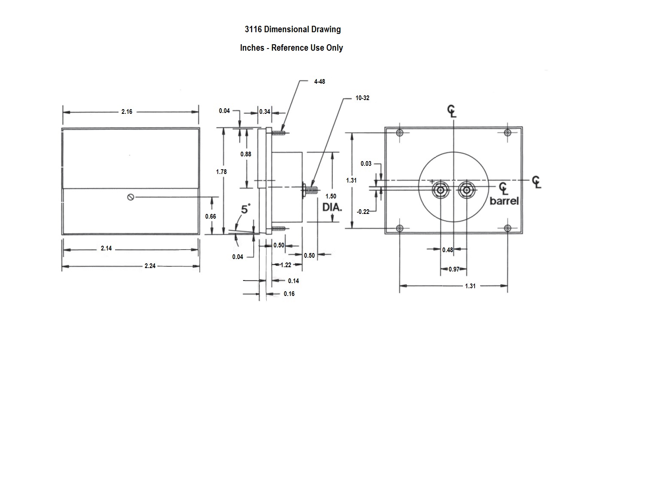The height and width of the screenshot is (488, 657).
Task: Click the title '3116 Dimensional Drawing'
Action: coord(292,29)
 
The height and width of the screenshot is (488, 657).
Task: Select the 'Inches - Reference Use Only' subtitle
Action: coord(291,48)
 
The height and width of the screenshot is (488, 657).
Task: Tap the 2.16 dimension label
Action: coord(127,112)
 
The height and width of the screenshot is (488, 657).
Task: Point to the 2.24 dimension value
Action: coord(150,266)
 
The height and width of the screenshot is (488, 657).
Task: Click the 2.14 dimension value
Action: coord(106,248)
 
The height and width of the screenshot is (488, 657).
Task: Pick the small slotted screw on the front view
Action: coord(131,197)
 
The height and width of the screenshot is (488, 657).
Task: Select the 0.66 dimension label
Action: coord(210,217)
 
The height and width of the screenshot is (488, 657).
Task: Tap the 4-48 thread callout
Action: coord(319,82)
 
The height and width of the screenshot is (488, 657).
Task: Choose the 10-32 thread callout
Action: coord(362,98)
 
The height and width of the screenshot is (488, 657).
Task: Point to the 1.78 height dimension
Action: coord(221,172)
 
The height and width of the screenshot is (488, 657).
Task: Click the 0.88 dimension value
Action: coord(246,154)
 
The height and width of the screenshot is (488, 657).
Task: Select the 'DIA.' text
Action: coord(332,207)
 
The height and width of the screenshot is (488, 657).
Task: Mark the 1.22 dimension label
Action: coord(286,265)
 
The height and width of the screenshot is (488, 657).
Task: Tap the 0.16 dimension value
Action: coord(289,294)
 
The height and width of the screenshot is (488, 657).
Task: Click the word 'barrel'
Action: coord(504,201)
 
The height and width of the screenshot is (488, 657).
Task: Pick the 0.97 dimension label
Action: coord(454,269)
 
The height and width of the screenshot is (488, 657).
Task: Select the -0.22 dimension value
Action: coord(363,211)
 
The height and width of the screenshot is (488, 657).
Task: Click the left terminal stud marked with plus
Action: coord(441,189)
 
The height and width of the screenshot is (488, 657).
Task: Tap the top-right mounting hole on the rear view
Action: coord(508,132)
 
